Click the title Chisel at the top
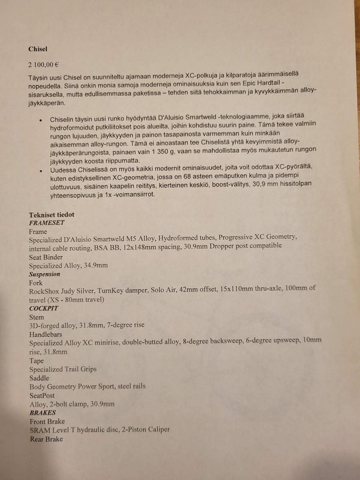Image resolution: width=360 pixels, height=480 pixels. click(38, 49)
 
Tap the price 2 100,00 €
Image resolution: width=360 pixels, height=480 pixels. click(43, 64)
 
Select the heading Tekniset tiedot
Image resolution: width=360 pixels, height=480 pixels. click(52, 214)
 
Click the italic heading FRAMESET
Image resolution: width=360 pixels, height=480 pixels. click(47, 223)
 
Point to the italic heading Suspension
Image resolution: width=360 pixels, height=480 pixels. click(45, 274)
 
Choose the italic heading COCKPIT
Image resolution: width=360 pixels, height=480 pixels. click(44, 308)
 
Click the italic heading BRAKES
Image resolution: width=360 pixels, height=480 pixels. click(43, 412)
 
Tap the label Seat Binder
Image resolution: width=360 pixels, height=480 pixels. click(46, 257)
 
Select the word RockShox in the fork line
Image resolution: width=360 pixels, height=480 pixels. click(42, 291)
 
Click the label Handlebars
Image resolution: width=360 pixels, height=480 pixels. click(46, 334)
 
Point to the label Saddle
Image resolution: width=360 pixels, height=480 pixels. click(39, 378)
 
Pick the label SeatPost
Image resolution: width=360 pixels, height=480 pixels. click(42, 395)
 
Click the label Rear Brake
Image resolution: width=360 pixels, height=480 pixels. click(46, 439)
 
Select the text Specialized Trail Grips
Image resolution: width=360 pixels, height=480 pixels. click(63, 369)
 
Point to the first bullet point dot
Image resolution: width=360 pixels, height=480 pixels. click(41, 120)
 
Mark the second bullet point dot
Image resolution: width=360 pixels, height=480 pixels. click(41, 171)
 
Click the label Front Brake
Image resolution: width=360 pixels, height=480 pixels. click(47, 421)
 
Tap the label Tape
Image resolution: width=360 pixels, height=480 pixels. click(37, 361)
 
